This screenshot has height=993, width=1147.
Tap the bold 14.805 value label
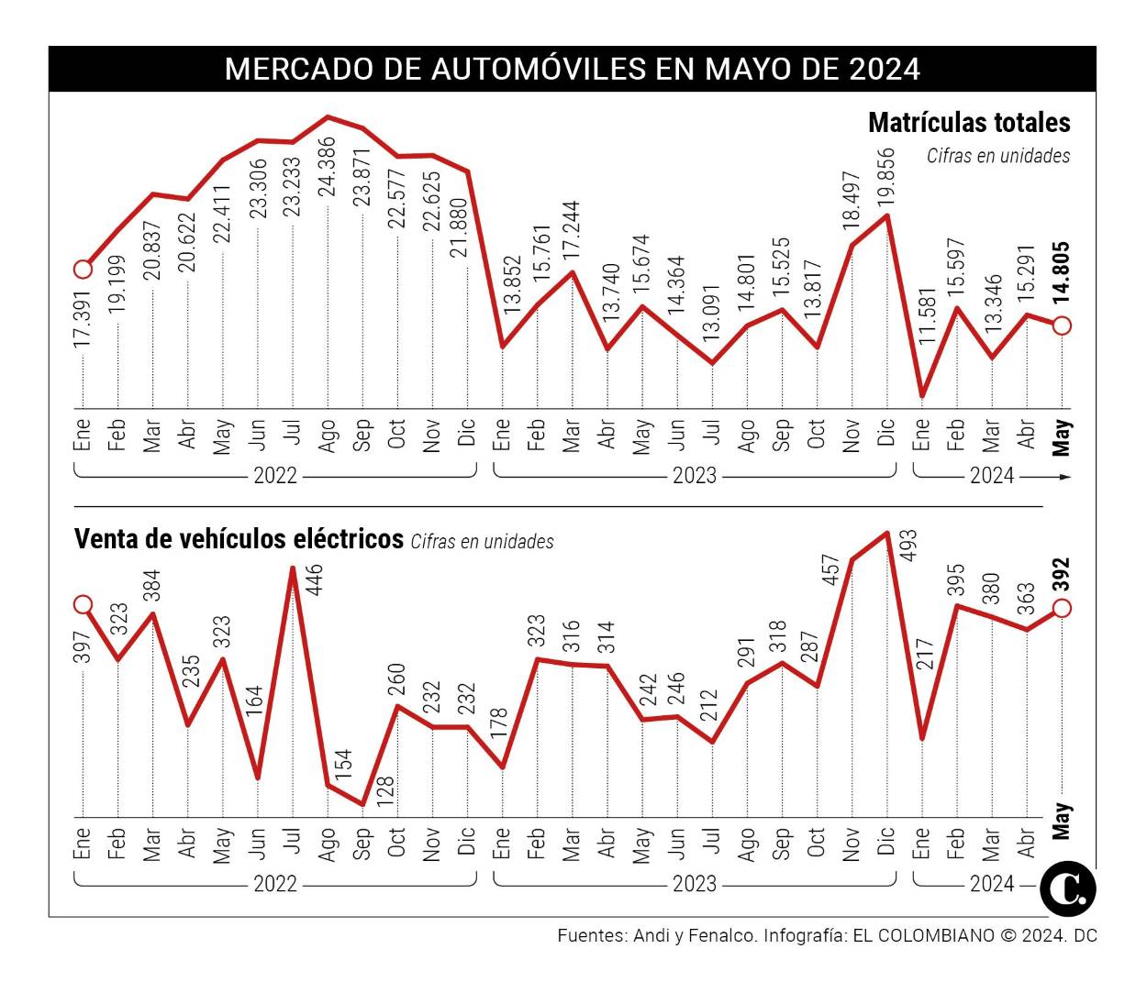(1062, 272)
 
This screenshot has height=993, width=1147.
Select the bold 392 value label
(1062, 576)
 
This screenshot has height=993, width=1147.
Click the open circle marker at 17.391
(83, 270)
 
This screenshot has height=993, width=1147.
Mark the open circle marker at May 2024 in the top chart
(1062, 325)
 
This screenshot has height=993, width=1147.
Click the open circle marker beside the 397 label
(83, 604)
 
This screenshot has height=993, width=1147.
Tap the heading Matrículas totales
(969, 123)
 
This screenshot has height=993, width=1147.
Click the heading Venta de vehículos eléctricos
(239, 539)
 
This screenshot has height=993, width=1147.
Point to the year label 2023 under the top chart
(695, 476)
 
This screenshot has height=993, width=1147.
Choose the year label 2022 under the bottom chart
(275, 884)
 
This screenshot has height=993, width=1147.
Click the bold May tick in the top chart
(1062, 436)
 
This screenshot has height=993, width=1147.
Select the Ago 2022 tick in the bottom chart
(328, 844)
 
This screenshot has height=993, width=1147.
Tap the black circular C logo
(1068, 888)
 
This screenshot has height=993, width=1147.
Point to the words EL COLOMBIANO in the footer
(923, 936)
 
